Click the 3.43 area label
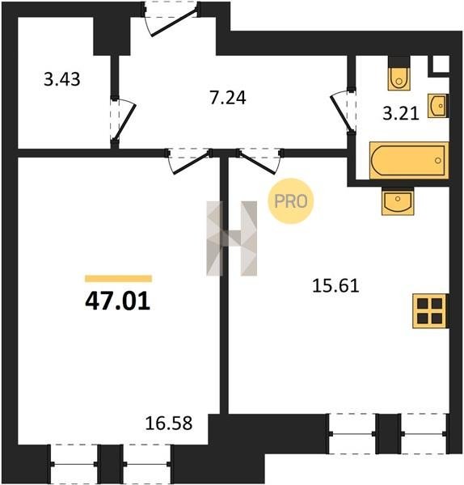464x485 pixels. pos(62,79)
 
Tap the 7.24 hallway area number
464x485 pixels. pos(228,98)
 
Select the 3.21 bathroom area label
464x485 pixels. pos(401,113)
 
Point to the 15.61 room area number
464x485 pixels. pos(335,285)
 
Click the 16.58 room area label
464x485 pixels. pos(169,423)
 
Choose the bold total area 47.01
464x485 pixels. pos(118,302)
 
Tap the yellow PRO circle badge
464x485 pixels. pos(291,201)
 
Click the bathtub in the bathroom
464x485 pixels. pos(409,160)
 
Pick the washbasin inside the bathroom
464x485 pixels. pos(438,106)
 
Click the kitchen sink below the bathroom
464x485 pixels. pos(398,201)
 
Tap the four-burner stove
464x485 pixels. pos(430,311)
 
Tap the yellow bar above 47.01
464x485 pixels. pos(119,279)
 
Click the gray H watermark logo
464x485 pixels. pos(232,238)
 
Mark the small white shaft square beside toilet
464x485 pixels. pos(441,64)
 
